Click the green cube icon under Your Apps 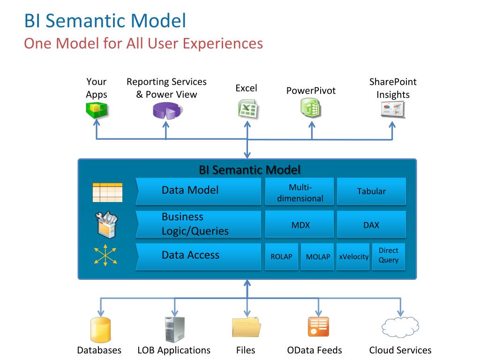97,109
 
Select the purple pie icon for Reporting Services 167,111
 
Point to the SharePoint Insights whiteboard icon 392,110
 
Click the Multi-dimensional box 300,191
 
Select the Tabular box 371,191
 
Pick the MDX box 300,225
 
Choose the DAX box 371,225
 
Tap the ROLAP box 281,256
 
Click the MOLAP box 318,256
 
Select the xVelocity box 353,256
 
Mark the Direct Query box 389,256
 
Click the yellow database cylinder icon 100,330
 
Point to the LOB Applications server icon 174,329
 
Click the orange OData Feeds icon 318,327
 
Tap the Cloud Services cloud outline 400,327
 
